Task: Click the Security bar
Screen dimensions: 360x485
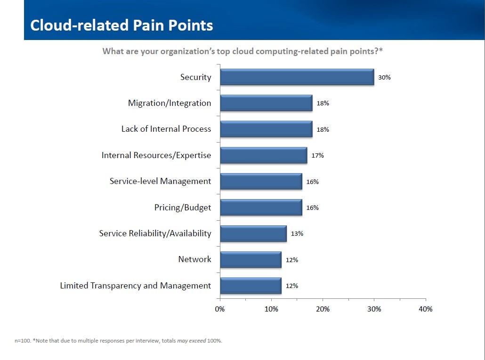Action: (x=297, y=77)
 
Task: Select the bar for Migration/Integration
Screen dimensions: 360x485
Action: (x=266, y=103)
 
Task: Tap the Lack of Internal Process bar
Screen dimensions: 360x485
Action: (x=266, y=129)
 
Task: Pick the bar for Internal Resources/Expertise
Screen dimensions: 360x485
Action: (x=263, y=155)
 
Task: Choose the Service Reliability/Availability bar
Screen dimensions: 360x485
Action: (x=253, y=233)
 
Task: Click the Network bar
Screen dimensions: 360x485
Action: (x=251, y=259)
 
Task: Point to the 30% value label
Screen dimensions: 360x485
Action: (x=384, y=78)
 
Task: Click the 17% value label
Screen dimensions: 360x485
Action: (x=318, y=155)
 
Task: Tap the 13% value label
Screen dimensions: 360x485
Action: (x=297, y=233)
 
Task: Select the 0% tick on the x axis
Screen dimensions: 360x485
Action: (x=220, y=309)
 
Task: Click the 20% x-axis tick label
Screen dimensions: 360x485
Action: (x=323, y=309)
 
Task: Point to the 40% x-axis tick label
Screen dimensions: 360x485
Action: (x=425, y=309)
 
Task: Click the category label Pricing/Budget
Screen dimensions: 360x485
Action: (x=183, y=208)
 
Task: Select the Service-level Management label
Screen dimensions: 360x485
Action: (x=160, y=181)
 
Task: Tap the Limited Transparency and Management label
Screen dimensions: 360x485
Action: (x=136, y=286)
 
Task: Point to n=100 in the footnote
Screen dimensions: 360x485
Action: (x=23, y=341)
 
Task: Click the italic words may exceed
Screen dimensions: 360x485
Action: (x=191, y=341)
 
